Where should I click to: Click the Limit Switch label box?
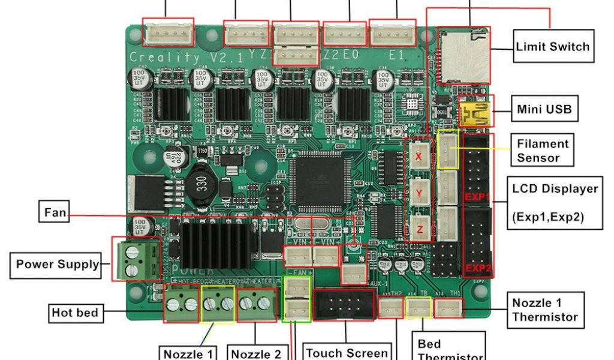[553, 46]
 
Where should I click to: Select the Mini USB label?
[544, 110]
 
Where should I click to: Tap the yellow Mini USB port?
[474, 112]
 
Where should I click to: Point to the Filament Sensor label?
[543, 151]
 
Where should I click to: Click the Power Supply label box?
[58, 264]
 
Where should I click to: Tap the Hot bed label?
[75, 313]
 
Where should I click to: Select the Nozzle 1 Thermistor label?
[545, 310]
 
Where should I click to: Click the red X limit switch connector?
[419, 155]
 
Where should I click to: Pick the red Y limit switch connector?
[419, 192]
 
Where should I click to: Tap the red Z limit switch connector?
[419, 228]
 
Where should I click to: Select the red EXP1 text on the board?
[477, 197]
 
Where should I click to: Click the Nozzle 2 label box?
[256, 353]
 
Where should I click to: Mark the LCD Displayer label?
[555, 203]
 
